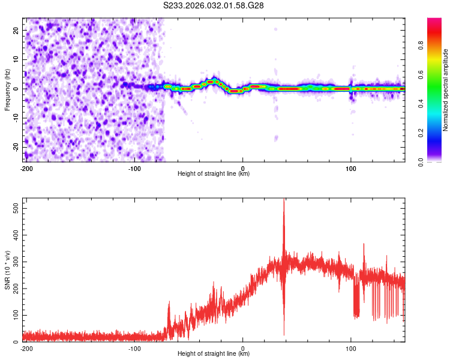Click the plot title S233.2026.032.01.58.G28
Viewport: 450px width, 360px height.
pos(214,6)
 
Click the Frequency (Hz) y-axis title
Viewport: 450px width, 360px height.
pos(8,90)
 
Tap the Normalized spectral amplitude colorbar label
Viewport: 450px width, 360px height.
pos(446,90)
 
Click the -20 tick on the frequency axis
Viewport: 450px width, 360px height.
pos(16,147)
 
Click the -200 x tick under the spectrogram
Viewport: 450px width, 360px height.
pos(26,169)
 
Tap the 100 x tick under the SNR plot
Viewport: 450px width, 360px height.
pos(351,348)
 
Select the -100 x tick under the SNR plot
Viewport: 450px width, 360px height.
pos(134,348)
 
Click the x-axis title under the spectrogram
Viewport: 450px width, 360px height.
pos(214,174)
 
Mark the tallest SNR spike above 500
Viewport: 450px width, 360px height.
pos(284,201)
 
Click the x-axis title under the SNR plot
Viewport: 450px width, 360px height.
pos(214,354)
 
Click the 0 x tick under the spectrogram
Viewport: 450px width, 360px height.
pos(243,169)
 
